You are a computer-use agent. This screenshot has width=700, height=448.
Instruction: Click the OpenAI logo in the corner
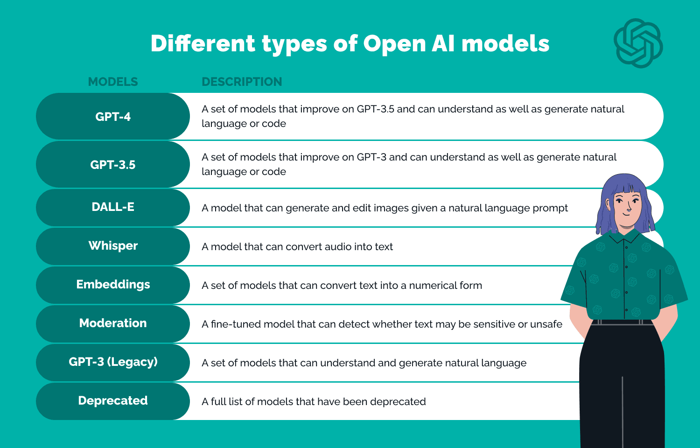[638, 43]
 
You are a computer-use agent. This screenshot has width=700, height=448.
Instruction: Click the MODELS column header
[113, 82]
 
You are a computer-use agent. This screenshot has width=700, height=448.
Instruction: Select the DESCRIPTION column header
[242, 82]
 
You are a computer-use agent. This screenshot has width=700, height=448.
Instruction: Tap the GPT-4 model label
[113, 117]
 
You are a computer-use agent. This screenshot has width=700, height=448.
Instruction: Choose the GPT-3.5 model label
[113, 165]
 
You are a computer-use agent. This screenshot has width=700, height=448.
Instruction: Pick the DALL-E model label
[113, 207]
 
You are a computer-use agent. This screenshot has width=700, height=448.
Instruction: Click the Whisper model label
[113, 245]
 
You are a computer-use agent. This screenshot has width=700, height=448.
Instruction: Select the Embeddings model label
[113, 284]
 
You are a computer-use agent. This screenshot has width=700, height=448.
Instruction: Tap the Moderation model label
[113, 323]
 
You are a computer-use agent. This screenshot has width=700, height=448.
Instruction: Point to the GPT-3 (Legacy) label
[113, 362]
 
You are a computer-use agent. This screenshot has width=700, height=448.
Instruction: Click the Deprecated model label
[113, 400]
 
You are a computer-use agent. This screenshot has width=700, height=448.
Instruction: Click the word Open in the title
[395, 44]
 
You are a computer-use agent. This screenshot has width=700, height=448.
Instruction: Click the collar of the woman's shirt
[625, 236]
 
